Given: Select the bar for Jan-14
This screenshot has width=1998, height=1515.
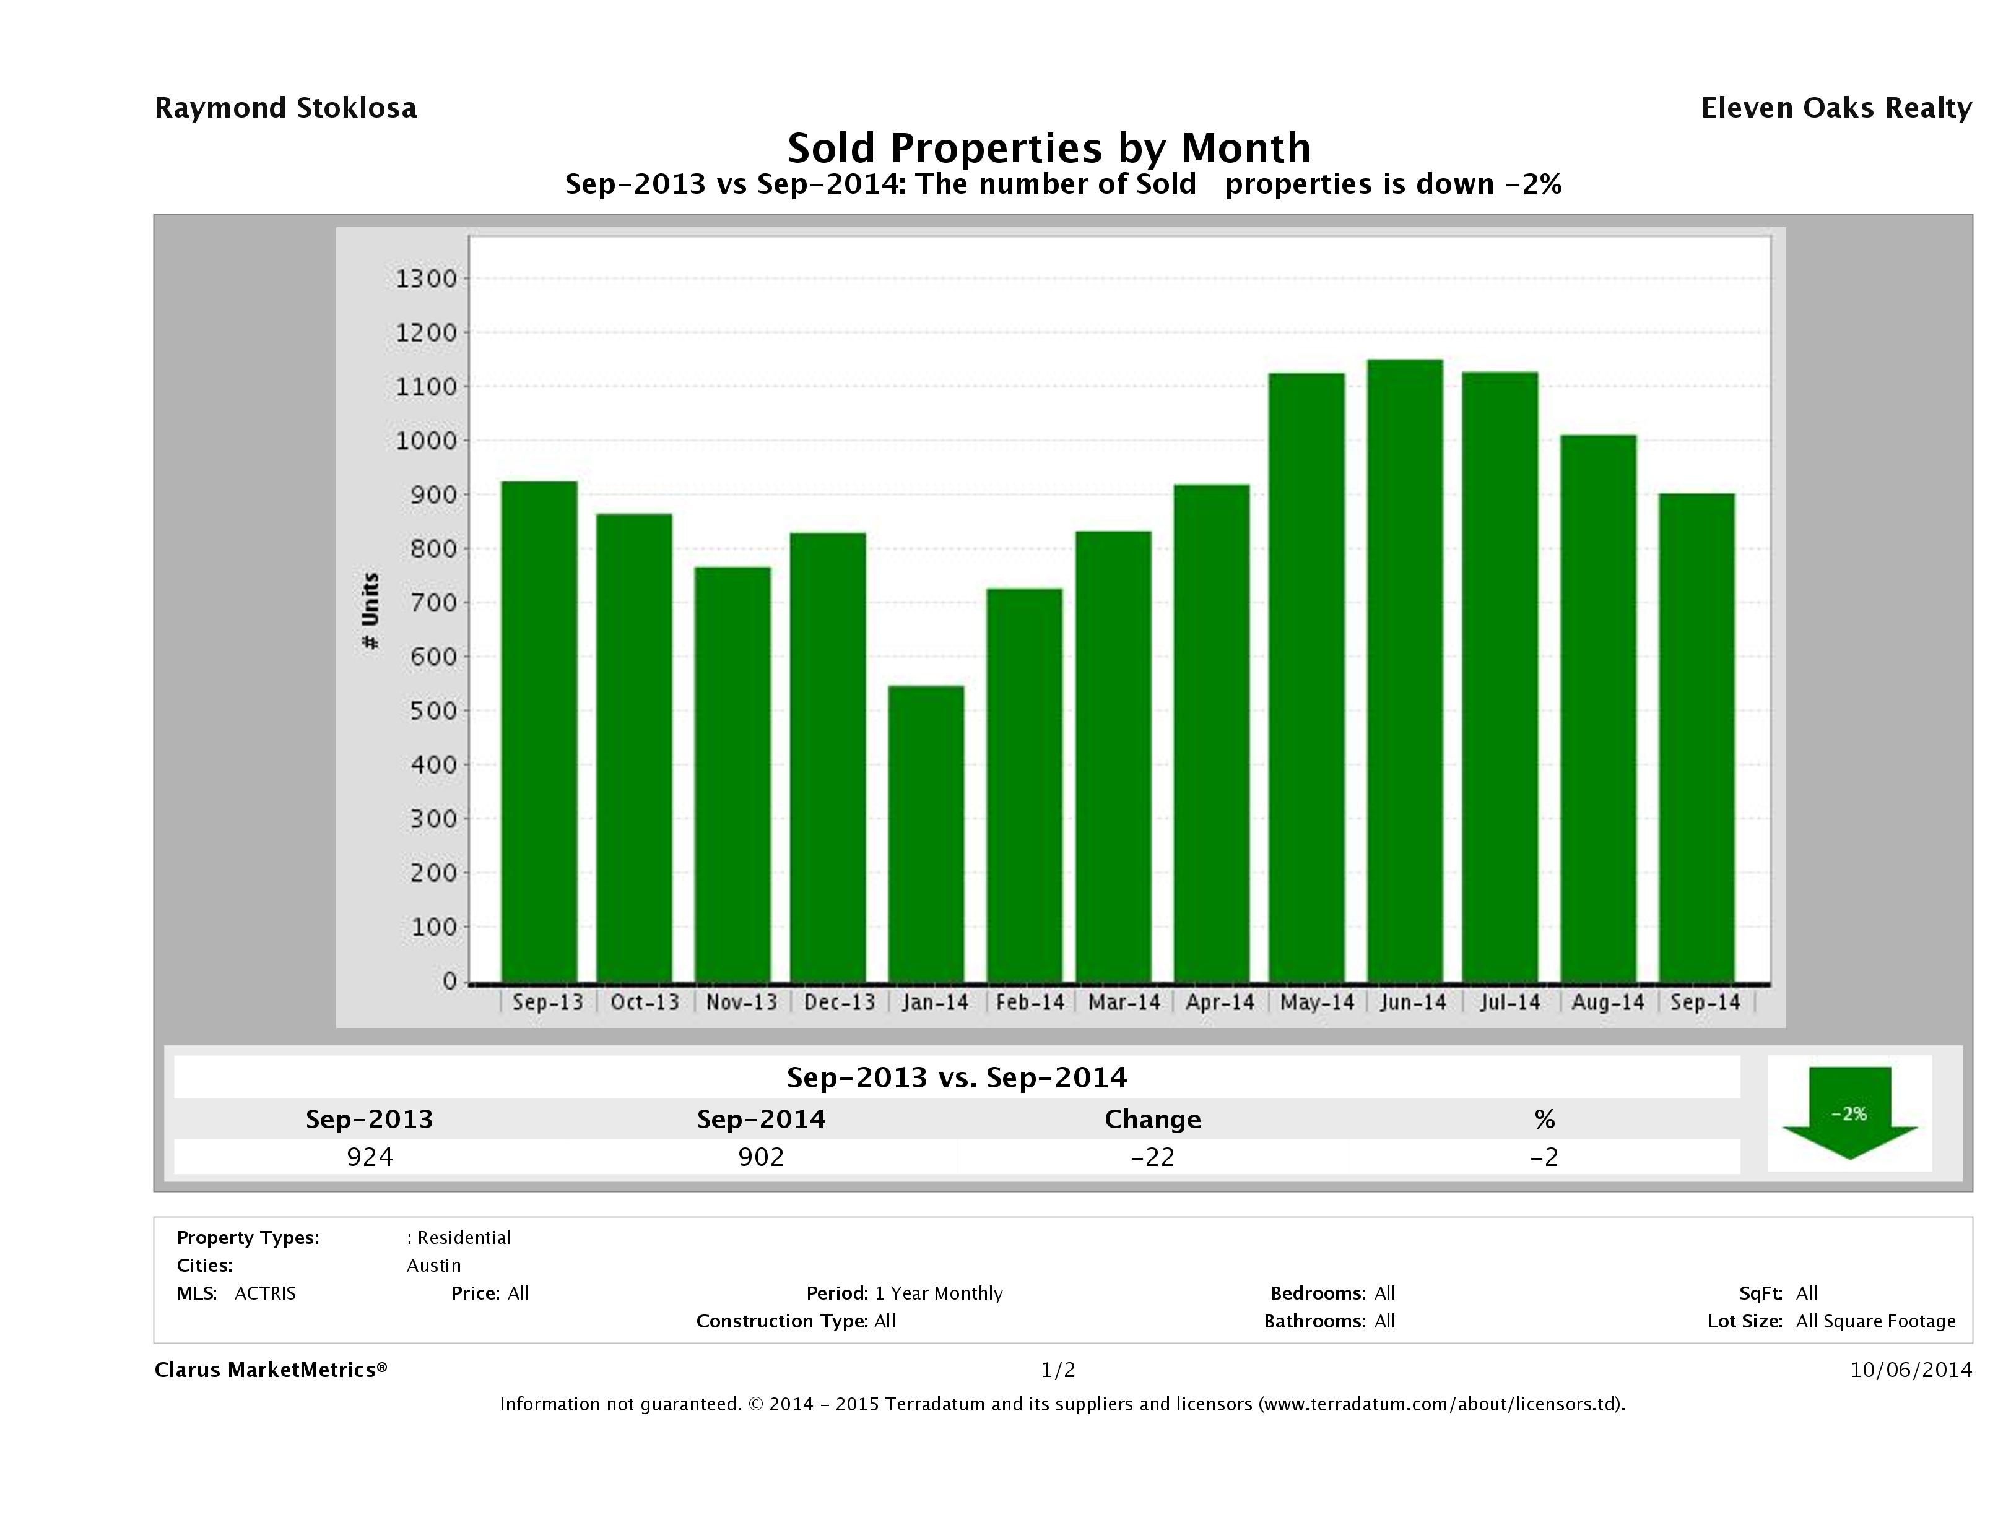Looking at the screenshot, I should pos(926,832).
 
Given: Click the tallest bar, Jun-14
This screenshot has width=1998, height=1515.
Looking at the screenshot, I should pos(1405,670).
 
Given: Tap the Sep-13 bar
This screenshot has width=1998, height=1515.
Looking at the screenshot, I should pos(539,732).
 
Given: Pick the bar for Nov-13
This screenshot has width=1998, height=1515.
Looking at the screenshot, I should pos(732,774).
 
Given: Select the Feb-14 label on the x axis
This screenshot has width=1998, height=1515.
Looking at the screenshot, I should pos(1030,1002).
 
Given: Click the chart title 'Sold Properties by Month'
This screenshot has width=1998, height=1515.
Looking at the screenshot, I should pos(1049,148).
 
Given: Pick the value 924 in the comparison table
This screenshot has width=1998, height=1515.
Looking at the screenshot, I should pos(370,1157).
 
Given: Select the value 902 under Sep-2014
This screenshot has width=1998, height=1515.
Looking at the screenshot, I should pos(760,1157).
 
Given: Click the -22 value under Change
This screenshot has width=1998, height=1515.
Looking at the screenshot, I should pos(1153,1157).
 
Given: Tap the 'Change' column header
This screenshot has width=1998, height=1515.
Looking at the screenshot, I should pos(1153,1120).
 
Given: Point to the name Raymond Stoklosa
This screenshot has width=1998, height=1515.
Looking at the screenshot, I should pos(285,108).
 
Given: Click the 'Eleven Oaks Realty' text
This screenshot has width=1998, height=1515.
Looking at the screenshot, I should pos(1835,108).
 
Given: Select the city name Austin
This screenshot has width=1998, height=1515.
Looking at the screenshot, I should pos(433,1265).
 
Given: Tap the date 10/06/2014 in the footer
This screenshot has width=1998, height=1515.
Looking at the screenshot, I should pos(1910,1370).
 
